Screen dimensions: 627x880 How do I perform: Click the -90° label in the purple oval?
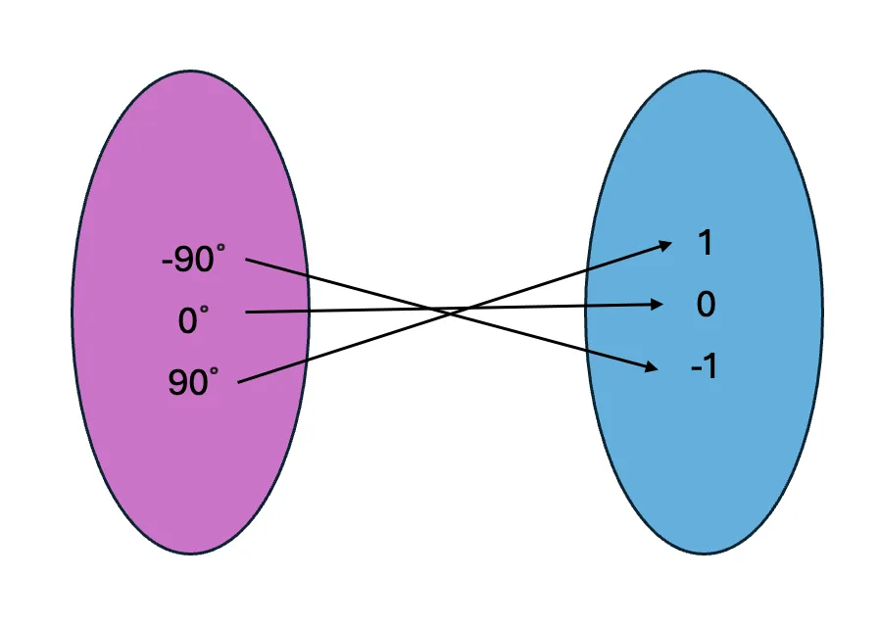[x=193, y=261]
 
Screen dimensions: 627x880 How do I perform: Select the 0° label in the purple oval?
[x=193, y=321]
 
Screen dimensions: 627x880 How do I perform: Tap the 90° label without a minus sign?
[x=193, y=383]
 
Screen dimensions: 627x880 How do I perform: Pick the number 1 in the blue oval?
[x=704, y=243]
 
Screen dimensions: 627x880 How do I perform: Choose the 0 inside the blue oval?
[x=706, y=305]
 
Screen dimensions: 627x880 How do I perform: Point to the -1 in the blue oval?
[x=704, y=368]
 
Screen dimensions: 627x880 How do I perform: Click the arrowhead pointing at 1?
[x=666, y=244]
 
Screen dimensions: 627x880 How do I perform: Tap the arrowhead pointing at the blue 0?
[x=660, y=305]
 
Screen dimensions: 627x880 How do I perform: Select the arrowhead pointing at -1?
[x=651, y=367]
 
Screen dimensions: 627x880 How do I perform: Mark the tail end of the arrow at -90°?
[x=247, y=260]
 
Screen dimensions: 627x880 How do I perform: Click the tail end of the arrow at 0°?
[x=247, y=313]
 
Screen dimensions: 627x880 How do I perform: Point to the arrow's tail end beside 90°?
[x=240, y=381]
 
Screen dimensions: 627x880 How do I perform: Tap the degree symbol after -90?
[x=220, y=251]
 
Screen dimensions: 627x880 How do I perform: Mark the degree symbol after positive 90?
[x=214, y=373]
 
